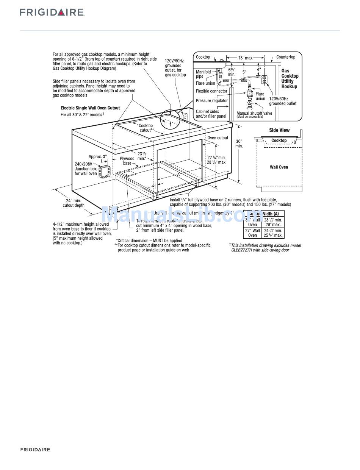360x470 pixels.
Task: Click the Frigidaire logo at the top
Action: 52,12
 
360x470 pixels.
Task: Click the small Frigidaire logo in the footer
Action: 35,450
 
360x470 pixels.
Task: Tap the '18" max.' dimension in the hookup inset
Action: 245,58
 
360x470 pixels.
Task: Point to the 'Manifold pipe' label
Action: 203,74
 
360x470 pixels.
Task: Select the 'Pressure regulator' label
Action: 211,101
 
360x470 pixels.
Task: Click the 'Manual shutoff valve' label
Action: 254,113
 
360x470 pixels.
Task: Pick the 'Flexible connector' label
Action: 211,91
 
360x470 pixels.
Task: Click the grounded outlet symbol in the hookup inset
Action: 264,79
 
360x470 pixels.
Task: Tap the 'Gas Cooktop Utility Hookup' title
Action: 290,78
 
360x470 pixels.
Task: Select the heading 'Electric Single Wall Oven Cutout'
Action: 90,108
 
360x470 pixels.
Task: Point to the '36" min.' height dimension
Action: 239,144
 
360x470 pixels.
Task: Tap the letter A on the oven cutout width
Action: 178,175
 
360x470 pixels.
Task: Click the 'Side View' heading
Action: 279,130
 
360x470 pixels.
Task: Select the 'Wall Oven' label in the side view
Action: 279,167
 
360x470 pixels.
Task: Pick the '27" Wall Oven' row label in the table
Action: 252,233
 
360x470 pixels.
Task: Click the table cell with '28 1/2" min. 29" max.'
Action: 273,222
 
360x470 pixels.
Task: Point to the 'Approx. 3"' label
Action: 98,156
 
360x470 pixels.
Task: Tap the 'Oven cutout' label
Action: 218,138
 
